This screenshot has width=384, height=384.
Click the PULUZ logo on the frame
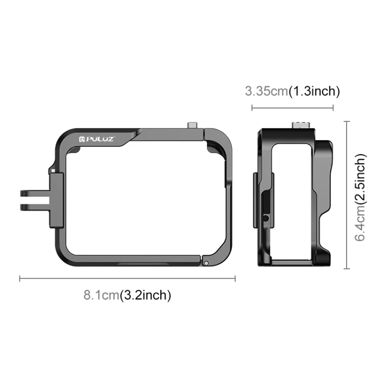(x=96, y=139)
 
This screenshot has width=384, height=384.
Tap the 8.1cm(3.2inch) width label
(x=127, y=295)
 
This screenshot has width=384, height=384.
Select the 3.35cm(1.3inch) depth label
(x=292, y=91)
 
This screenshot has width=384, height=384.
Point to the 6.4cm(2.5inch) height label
(x=360, y=198)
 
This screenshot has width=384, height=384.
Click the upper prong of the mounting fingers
(x=35, y=193)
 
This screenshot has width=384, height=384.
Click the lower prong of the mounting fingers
(x=35, y=207)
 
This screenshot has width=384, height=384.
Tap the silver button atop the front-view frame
(x=193, y=125)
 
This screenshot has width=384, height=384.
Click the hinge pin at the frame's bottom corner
(x=206, y=263)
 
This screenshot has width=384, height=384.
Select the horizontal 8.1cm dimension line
(x=127, y=279)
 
